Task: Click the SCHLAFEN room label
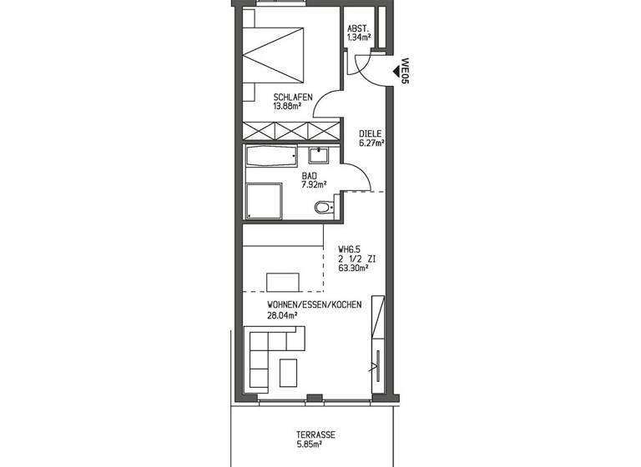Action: coord(292,97)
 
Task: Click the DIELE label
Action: coord(371,133)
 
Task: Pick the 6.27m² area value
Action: coord(372,143)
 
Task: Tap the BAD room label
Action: coord(310,176)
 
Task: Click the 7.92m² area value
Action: coord(312,185)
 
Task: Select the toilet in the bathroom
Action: coord(322,207)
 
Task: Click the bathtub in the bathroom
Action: coord(270,156)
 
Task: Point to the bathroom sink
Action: coord(320,155)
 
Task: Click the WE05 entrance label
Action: coord(405,71)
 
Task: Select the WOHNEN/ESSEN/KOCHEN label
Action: coord(314,305)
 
